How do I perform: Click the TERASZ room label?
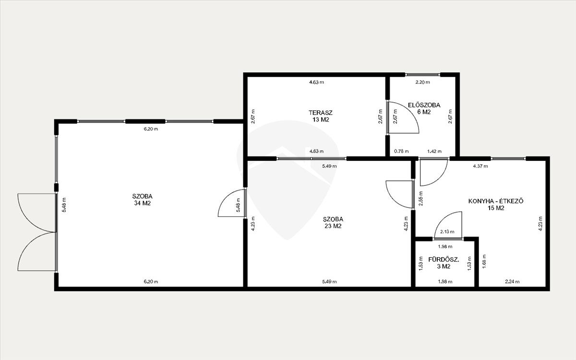[x=321, y=113]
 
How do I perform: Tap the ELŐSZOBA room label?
[x=424, y=105]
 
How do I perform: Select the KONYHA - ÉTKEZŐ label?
[x=496, y=201]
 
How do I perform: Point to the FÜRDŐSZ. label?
[x=444, y=260]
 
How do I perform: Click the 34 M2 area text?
[x=142, y=203]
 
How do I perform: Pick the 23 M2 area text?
[x=333, y=226]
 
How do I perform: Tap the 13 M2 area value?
[x=321, y=120]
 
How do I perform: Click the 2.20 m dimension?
[x=423, y=82]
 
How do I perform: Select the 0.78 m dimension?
[x=401, y=151]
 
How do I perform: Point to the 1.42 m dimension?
[x=434, y=151]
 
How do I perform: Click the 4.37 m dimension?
[x=480, y=166]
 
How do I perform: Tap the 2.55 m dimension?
[x=420, y=198]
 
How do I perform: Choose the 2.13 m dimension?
[x=447, y=232]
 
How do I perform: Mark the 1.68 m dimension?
[x=484, y=262]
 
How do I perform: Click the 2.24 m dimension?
[x=512, y=282]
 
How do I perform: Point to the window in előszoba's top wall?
[x=423, y=75]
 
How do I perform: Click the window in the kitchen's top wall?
[x=508, y=159]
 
